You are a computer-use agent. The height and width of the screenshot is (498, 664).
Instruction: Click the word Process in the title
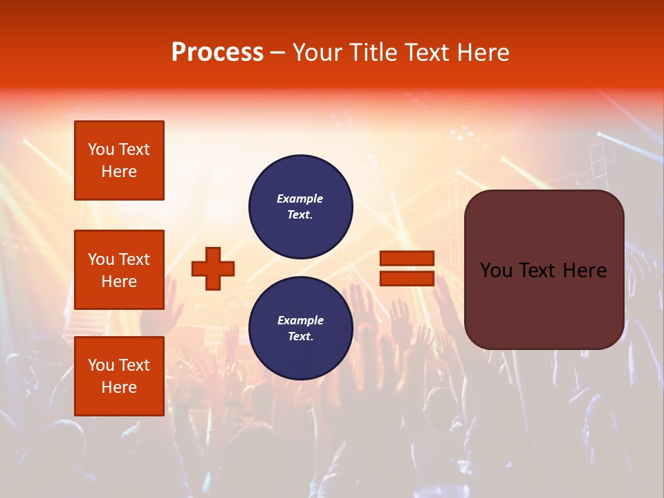217,53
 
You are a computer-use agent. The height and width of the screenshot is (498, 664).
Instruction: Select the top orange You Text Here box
119,160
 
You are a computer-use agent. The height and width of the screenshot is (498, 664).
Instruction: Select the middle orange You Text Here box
119,270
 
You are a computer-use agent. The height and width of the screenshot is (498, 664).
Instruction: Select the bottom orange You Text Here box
119,376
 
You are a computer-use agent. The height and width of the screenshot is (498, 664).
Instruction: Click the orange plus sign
213,268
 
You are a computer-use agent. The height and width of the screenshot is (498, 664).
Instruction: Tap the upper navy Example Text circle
300,206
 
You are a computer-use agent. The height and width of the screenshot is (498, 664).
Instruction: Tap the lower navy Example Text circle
300,328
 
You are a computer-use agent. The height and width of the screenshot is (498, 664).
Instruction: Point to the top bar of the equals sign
407,258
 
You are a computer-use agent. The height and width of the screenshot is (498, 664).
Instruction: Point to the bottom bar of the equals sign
407,278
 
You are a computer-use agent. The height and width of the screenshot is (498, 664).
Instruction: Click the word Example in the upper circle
300,199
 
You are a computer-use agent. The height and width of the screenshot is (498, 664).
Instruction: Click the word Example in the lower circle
300,320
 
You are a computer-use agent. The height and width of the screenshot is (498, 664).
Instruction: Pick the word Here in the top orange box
119,172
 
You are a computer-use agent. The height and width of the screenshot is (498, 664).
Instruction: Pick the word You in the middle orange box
100,259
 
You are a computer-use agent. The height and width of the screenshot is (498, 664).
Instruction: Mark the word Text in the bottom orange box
133,365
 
